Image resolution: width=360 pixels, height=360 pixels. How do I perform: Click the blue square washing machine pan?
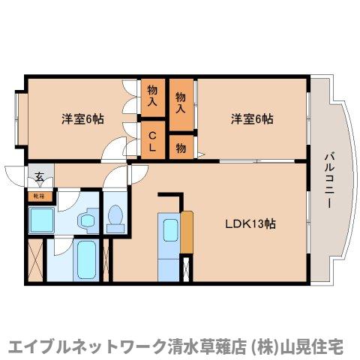click(x=41, y=220)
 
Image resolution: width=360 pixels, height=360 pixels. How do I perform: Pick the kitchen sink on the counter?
click(x=169, y=226)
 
